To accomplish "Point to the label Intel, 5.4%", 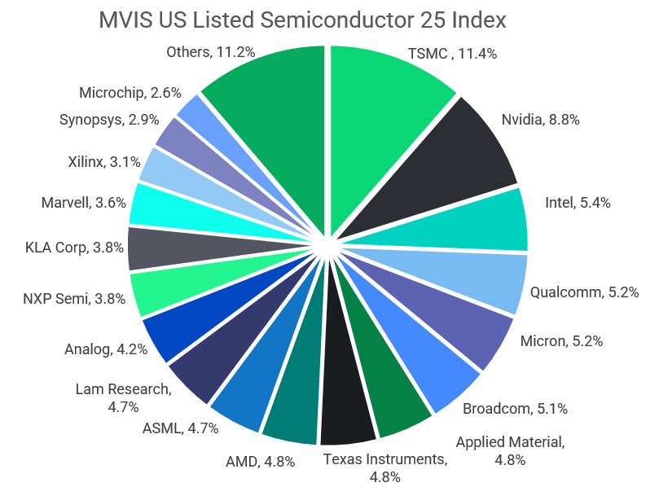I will [577, 202].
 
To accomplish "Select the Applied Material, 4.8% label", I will [509, 450].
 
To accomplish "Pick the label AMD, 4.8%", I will [260, 462].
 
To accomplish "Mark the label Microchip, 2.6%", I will [130, 93].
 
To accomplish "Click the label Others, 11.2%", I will [210, 52].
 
